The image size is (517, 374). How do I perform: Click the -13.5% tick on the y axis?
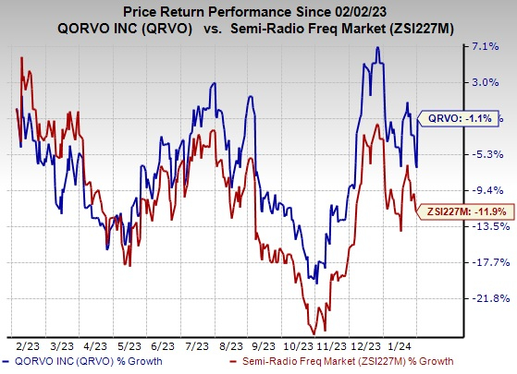pos(488,226)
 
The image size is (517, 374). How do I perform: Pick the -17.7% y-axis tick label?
pos(488,262)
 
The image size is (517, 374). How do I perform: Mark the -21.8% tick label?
pos(488,298)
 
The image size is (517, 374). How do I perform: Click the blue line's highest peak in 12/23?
pos(377,47)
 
